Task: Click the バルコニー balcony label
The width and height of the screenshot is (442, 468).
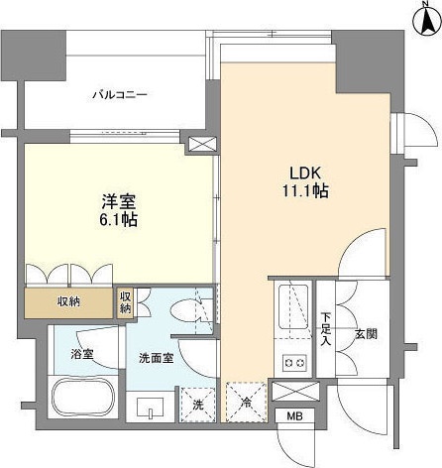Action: pos(120,95)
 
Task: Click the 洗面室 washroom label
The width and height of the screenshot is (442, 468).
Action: pos(158,358)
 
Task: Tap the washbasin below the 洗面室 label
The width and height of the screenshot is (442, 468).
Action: pos(149,408)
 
